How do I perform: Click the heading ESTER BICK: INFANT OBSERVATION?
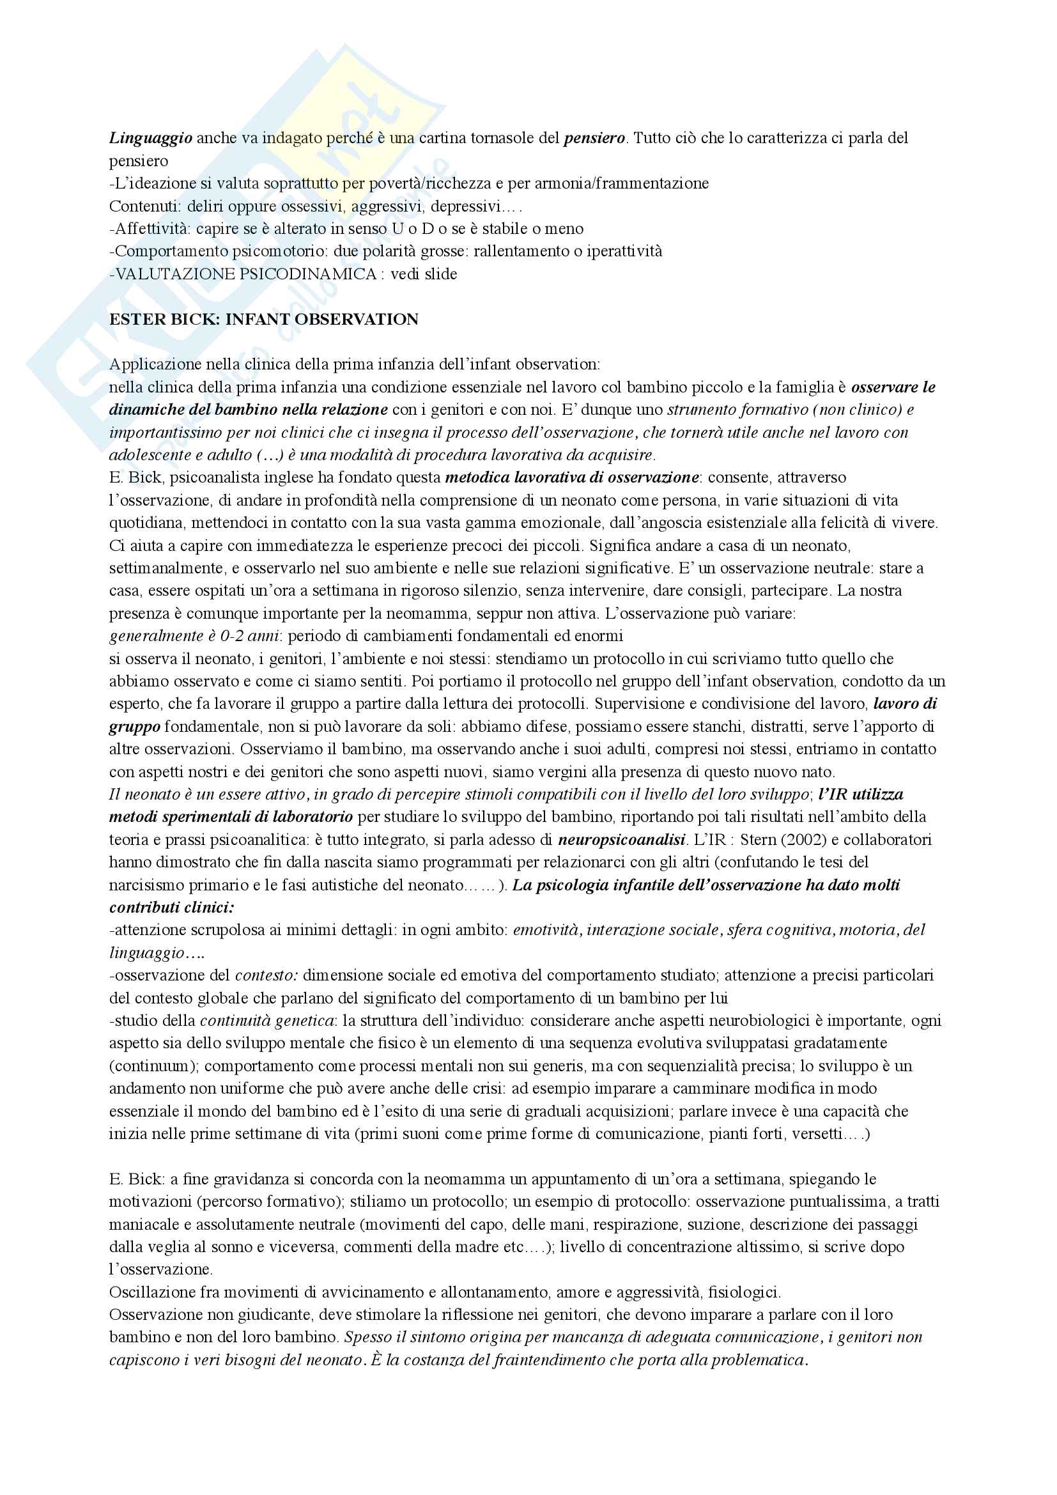[263, 320]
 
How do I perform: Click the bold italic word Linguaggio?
[150, 138]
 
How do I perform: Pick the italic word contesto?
[267, 975]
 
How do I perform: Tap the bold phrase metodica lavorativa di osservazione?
[571, 477]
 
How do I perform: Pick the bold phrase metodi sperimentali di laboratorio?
[231, 817]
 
